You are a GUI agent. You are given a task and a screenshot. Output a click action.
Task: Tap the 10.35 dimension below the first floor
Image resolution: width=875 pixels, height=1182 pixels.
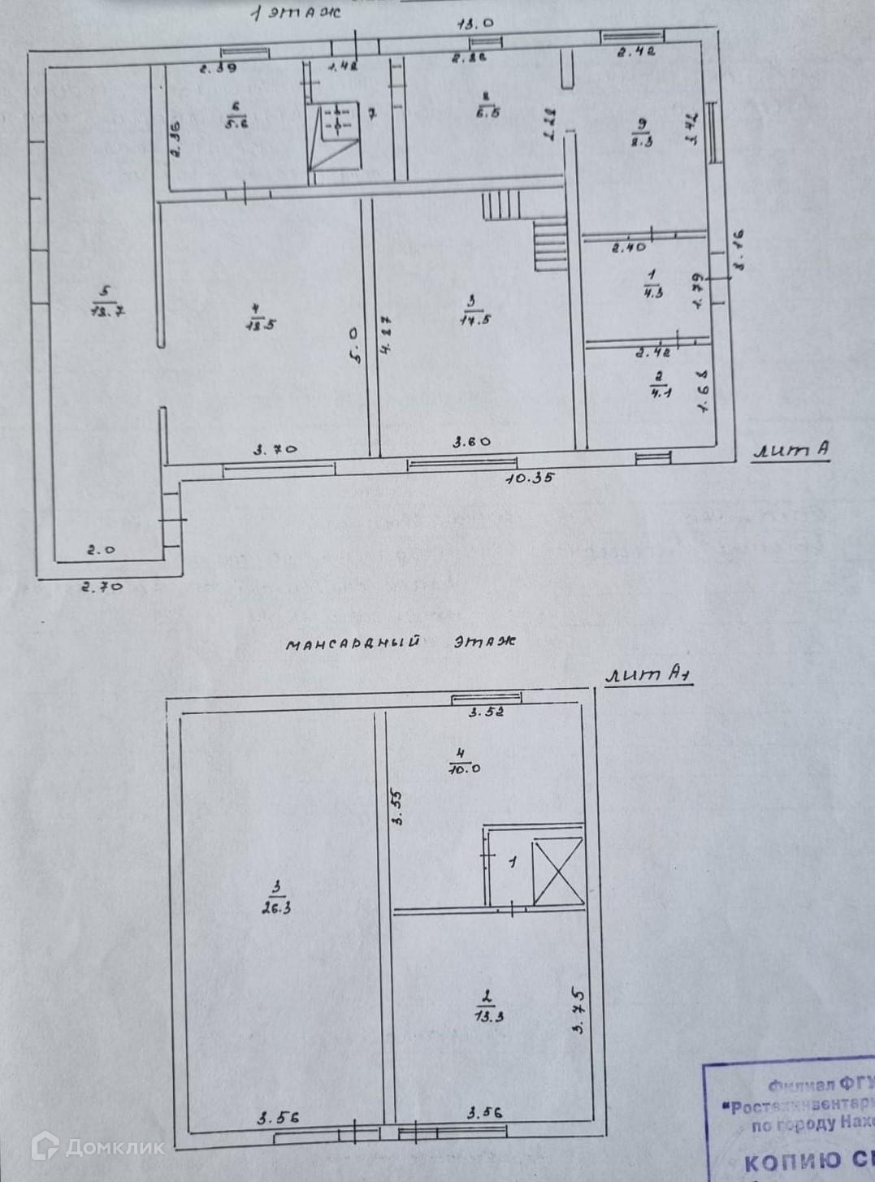(x=529, y=478)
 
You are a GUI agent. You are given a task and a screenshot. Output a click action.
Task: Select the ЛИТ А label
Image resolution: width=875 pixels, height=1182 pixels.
(x=791, y=451)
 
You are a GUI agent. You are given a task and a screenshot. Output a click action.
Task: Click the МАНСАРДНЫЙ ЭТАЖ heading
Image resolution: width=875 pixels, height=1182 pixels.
(x=401, y=643)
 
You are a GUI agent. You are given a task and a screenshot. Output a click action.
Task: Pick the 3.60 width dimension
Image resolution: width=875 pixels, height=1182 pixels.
(x=471, y=442)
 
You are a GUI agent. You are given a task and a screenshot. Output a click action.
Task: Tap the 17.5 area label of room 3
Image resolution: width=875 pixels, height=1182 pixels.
(x=472, y=319)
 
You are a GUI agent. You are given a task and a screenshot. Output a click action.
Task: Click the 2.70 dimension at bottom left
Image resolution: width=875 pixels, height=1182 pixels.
(x=102, y=585)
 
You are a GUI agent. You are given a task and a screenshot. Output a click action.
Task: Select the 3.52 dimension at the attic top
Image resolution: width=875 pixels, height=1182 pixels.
(x=487, y=712)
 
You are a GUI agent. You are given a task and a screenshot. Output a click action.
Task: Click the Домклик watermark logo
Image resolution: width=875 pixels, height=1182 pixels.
(x=97, y=1146)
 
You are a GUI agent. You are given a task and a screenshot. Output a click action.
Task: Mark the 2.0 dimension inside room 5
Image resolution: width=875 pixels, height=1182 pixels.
(x=101, y=549)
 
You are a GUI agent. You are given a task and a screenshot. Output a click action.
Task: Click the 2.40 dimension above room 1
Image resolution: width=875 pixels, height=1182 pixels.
(x=628, y=247)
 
